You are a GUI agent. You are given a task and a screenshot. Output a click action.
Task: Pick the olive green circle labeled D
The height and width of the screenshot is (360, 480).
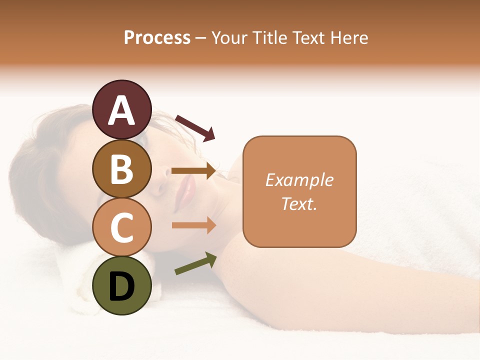[121, 286]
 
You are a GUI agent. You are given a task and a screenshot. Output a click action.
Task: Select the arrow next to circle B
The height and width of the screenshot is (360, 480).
[193, 170]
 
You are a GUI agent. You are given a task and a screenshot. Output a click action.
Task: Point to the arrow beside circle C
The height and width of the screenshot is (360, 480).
[193, 225]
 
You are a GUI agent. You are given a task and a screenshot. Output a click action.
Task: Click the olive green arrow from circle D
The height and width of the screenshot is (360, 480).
[195, 263]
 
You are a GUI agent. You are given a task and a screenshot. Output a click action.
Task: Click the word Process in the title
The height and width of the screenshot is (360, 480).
[157, 37]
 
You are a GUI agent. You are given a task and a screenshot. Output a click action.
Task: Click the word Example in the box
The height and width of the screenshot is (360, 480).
[299, 180]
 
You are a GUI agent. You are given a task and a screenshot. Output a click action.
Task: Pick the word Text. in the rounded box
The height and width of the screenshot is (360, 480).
[299, 203]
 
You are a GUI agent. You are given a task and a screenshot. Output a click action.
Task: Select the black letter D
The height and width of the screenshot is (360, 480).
[121, 286]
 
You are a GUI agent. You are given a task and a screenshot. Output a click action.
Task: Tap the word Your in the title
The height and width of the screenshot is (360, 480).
[229, 37]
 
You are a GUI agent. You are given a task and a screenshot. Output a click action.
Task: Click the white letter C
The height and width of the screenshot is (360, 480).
[121, 227]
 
